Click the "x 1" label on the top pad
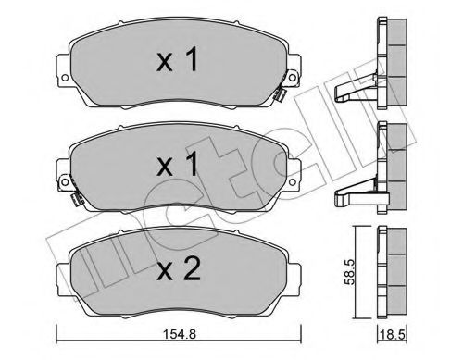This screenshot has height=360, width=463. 177,62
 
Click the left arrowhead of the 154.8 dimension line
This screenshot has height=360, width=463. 60,333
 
